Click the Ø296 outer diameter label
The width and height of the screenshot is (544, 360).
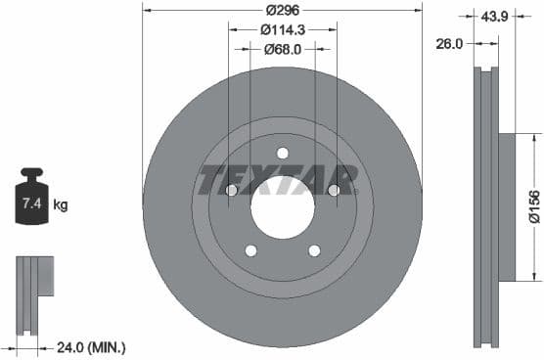pos(283,11)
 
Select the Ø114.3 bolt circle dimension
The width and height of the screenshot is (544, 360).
pos(283,30)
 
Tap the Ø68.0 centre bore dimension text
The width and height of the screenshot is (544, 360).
pos(283,49)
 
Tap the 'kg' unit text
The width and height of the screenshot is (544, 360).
pos(60,205)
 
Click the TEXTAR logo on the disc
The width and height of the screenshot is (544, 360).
pos(279,180)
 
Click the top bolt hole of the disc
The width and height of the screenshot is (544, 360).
pos(283,153)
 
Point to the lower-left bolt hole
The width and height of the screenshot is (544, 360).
pos(250,250)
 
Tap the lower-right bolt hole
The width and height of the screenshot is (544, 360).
pos(314,250)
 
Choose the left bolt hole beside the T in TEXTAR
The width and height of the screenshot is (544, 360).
pos(232,190)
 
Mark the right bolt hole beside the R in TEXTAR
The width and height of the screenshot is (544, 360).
pos(334,190)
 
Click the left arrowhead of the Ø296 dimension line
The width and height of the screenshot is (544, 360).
pos(147,11)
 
